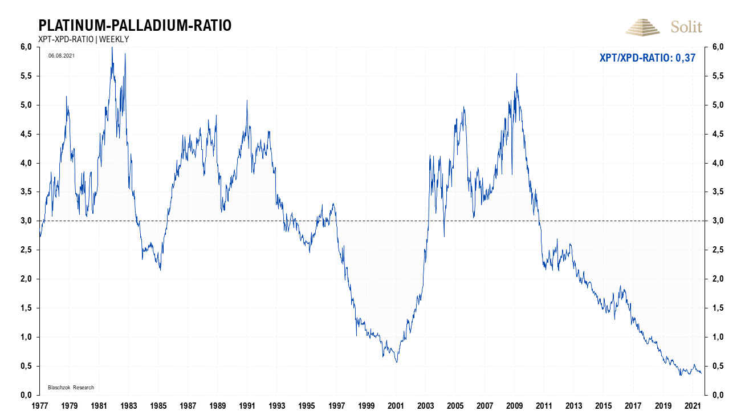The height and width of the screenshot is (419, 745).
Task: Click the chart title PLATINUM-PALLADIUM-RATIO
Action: point(135,26)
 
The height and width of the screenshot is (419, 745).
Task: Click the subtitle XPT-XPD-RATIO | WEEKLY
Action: point(83,39)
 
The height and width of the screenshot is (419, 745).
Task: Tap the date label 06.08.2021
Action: point(62,56)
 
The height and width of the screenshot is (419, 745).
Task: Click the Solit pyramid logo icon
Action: point(643,26)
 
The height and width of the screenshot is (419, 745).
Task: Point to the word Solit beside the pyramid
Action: point(686,27)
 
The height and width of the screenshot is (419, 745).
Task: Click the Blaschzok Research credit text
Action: point(71,388)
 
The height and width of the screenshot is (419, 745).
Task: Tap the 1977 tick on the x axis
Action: point(39,406)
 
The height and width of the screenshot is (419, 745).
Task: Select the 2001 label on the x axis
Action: point(396,406)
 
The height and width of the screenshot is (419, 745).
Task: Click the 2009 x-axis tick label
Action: point(515,406)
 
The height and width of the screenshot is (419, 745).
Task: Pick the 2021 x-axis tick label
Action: point(693,406)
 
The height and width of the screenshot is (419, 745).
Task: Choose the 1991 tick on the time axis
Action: point(247,406)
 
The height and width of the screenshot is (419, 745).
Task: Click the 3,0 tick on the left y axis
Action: point(26,221)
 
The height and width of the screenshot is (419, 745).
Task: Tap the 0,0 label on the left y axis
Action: point(26,395)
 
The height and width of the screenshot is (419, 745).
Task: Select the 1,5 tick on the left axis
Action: point(26,308)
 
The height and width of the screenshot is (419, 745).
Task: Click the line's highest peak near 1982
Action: point(112,47)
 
